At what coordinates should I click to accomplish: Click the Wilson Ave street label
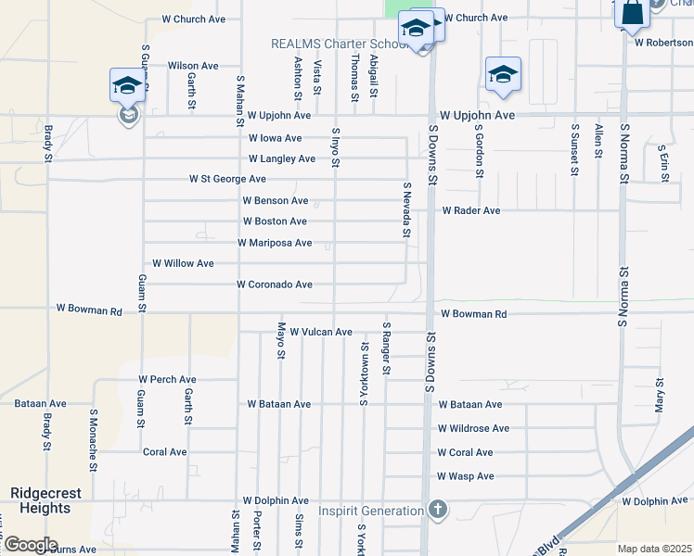click(x=193, y=66)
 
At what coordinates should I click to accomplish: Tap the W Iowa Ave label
click(x=275, y=138)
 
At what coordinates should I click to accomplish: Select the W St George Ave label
click(x=227, y=179)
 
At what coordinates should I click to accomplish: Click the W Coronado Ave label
click(x=275, y=284)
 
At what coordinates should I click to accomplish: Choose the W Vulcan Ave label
click(x=321, y=332)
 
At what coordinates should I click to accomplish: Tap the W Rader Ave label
click(x=470, y=210)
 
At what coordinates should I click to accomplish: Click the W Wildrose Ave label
click(x=473, y=428)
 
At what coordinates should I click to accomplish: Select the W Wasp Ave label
click(x=465, y=476)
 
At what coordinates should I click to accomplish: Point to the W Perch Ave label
click(x=167, y=380)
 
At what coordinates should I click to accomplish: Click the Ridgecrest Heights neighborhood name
click(x=40, y=500)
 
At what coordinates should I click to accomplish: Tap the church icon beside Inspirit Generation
click(x=438, y=511)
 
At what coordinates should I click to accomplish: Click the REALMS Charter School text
click(x=340, y=44)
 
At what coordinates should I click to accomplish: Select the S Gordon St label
click(x=479, y=149)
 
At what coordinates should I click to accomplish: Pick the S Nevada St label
click(x=405, y=209)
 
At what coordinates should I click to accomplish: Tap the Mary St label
click(x=660, y=395)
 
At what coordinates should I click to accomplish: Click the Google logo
click(x=30, y=545)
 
